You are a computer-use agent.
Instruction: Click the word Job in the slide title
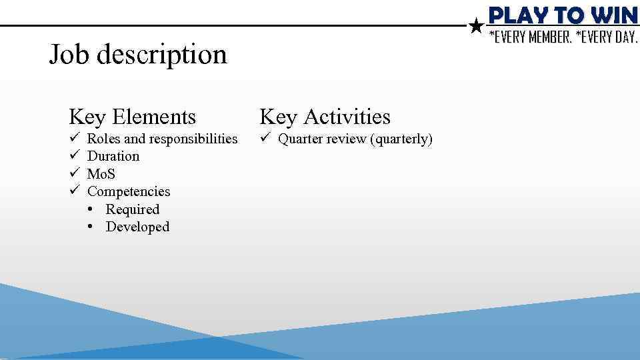(70, 55)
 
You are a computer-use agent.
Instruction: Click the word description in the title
(162, 55)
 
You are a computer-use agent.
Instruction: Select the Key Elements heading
(132, 117)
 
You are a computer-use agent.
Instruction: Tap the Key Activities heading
(325, 117)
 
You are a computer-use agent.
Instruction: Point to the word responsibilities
(193, 139)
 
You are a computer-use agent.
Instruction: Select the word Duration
(113, 156)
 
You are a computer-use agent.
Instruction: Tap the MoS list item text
(101, 174)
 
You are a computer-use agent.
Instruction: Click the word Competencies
(129, 191)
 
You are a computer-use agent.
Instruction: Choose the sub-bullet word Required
(133, 209)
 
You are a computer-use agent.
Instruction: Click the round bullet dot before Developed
(90, 227)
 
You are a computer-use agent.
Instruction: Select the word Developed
(137, 227)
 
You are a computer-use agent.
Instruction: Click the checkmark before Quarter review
(264, 139)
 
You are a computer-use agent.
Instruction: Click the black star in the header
(476, 27)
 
